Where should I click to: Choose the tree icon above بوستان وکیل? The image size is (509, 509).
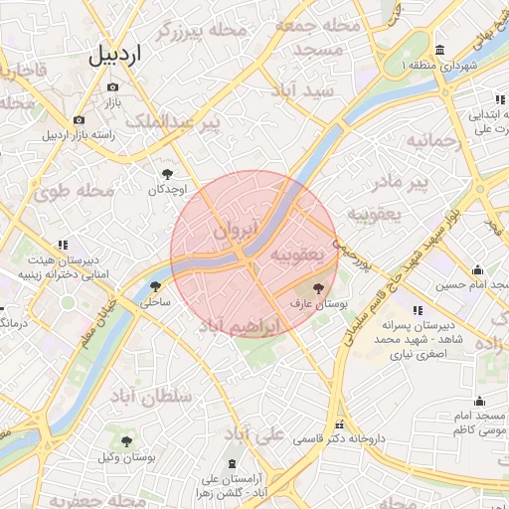click(x=126, y=441)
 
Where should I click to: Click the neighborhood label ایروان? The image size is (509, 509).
click(x=235, y=230)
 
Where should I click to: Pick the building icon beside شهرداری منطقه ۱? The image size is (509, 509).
click(x=440, y=51)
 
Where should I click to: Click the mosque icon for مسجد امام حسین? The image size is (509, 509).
click(x=477, y=269)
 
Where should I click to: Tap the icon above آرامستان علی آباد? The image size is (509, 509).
click(x=234, y=464)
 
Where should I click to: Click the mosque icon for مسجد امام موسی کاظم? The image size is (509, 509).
click(x=480, y=402)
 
